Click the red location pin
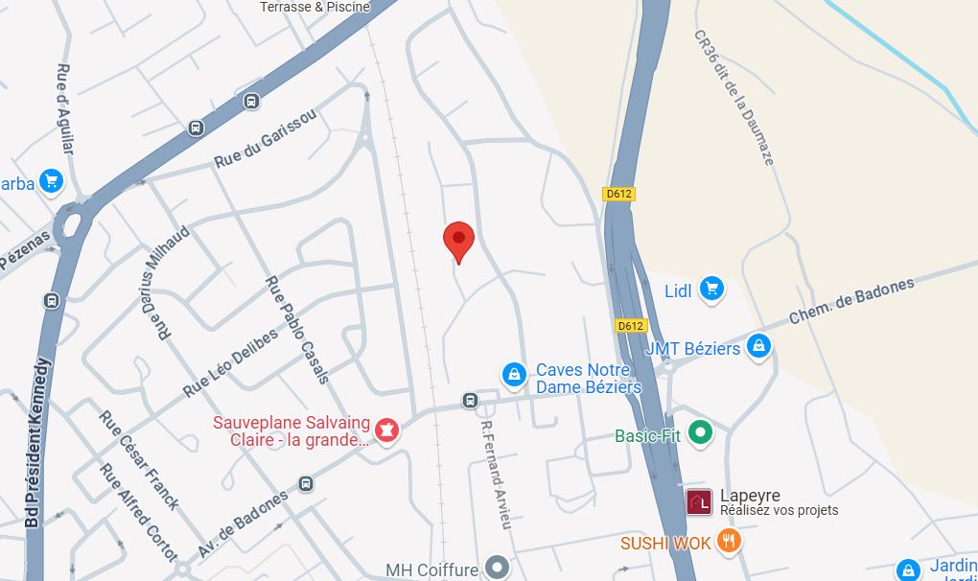pos(458,239)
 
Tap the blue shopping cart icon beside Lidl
pos(710,289)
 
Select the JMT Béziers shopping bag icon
pos(758,346)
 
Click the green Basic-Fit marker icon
pos(702,433)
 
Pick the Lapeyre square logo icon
pos(699,501)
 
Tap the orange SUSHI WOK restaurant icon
pos(730,542)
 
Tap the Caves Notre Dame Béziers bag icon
pos(514,375)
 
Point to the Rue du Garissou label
pos(265,138)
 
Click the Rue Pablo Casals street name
pos(297,329)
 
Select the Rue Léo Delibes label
pos(230,362)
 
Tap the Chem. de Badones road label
pos(850,301)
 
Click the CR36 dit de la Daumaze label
pos(733,97)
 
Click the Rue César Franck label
pos(139,459)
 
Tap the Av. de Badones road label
pos(244,527)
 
